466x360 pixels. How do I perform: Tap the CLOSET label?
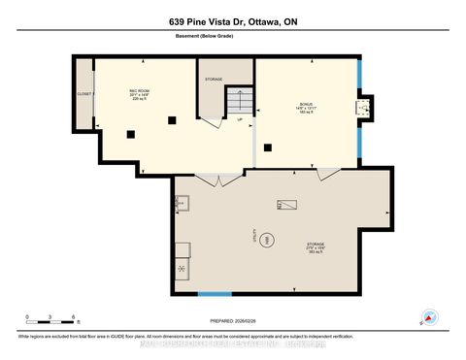click(83, 94)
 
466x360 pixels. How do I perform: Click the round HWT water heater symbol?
click(271, 239)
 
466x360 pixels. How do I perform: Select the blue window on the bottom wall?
click(215, 293)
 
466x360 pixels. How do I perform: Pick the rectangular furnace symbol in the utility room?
click(287, 205)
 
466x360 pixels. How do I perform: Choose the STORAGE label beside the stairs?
click(214, 79)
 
